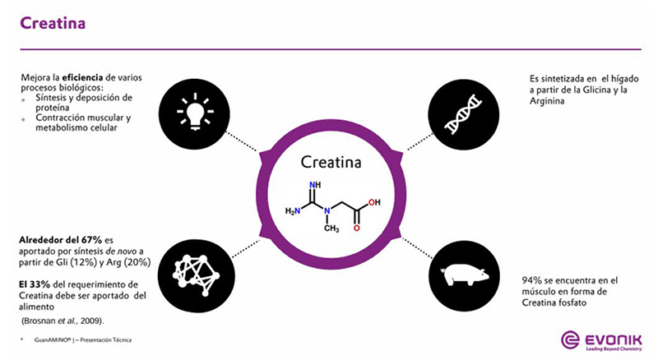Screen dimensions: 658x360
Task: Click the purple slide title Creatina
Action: (x=53, y=23)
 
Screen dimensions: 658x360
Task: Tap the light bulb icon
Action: (x=195, y=112)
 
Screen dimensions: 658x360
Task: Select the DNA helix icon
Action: (x=463, y=114)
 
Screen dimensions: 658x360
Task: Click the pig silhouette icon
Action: (x=464, y=275)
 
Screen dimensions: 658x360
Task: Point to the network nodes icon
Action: (x=196, y=275)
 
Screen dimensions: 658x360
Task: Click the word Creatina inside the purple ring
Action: (x=331, y=163)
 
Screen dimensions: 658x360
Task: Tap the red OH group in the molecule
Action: (x=374, y=202)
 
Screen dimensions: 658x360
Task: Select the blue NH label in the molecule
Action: (x=315, y=185)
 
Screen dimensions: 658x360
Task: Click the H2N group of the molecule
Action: (x=293, y=211)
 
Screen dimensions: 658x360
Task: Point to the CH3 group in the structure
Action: (x=331, y=228)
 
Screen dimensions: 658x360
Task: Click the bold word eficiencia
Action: (x=82, y=77)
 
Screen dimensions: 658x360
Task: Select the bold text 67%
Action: (x=91, y=240)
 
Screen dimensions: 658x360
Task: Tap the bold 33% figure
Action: (x=39, y=284)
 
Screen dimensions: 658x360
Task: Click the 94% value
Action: (x=531, y=280)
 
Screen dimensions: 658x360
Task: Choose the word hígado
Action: (x=624, y=79)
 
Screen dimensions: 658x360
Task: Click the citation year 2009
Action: (x=91, y=321)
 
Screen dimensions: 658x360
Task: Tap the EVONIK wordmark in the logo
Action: (x=613, y=339)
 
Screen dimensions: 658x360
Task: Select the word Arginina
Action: (x=547, y=101)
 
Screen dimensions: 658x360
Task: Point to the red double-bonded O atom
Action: (x=357, y=228)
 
